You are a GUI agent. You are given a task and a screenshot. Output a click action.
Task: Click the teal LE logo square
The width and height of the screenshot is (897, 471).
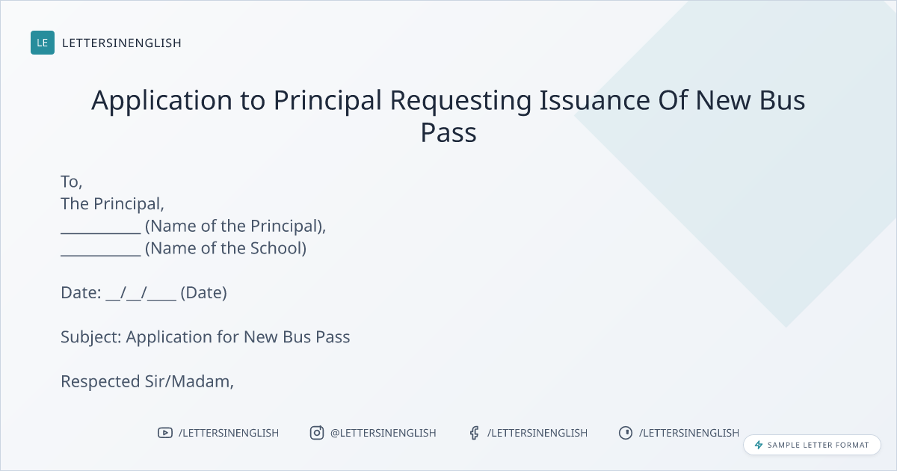pos(43,43)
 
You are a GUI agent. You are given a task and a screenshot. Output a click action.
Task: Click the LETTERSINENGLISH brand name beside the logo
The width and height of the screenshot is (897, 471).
pos(122,43)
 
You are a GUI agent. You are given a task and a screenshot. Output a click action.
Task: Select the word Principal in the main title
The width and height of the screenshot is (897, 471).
pos(327,100)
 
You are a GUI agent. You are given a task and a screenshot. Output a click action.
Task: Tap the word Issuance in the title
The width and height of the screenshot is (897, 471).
pos(595,100)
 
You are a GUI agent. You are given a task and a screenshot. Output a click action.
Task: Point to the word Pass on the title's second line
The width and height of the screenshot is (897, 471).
pos(449,132)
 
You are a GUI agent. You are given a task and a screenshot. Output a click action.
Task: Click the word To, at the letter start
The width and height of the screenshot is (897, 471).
pos(71,182)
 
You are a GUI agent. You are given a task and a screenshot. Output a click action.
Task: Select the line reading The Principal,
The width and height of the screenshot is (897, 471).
pos(113,204)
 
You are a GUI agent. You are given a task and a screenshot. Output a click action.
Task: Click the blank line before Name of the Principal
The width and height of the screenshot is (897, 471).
pos(101,233)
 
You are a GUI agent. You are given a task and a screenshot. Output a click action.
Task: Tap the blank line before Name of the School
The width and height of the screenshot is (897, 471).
pos(101,255)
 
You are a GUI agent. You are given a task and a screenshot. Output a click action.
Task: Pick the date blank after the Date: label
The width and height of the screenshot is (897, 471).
pos(141,294)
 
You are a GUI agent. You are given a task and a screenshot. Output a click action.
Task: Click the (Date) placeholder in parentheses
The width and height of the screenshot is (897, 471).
pos(204,293)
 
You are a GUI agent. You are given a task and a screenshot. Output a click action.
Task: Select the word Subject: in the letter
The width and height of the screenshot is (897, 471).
pos(91,337)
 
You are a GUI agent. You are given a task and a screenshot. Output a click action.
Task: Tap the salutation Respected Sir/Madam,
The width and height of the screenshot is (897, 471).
pos(147,382)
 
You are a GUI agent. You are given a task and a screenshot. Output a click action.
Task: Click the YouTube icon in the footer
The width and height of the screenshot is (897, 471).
pos(165,433)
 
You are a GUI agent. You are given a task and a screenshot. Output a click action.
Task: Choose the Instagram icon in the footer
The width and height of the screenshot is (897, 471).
pos(317,433)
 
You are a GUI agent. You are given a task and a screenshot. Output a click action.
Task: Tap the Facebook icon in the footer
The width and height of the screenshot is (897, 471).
pos(475,433)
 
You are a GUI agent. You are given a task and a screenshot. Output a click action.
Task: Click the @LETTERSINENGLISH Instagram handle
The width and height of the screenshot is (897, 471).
pos(383,433)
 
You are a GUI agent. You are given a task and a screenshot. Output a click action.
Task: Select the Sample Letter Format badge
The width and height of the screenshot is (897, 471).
pos(812,445)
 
